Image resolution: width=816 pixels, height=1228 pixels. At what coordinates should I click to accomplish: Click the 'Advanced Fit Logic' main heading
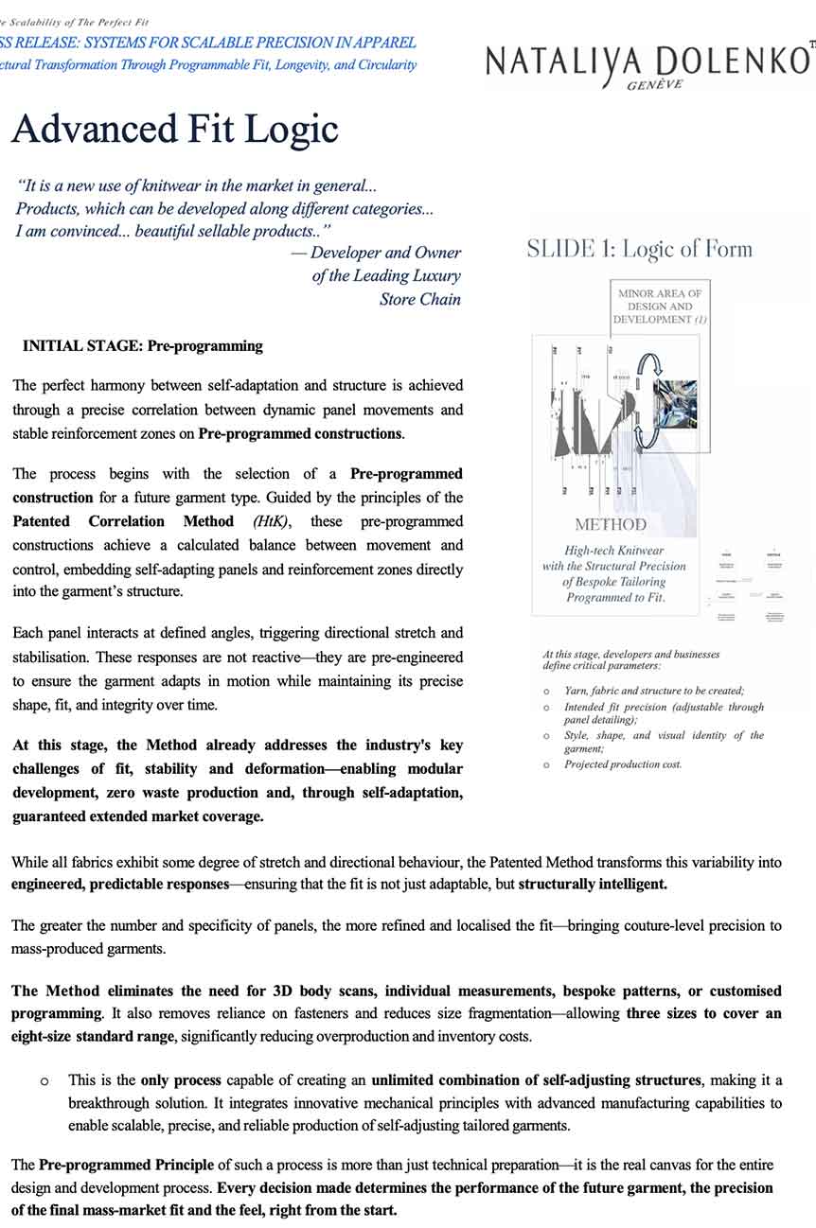pos(175,128)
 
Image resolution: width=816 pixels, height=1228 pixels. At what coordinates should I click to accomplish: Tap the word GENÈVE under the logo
pos(655,84)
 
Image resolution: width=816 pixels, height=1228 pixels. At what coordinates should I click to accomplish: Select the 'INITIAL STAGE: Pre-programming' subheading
pos(142,346)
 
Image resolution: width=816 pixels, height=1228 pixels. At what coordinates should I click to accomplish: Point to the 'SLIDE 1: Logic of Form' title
pos(639,250)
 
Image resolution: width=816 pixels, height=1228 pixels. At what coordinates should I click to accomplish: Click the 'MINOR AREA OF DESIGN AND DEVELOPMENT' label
pos(660,307)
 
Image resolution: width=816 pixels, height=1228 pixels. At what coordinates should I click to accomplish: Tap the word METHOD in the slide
pos(612,525)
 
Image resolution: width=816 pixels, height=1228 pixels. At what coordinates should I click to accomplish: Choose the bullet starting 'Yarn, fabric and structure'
pos(654,691)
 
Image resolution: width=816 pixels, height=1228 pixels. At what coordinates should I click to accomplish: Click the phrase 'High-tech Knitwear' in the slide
pos(613,551)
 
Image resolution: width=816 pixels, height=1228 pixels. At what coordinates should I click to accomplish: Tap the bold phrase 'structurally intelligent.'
pos(593,886)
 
